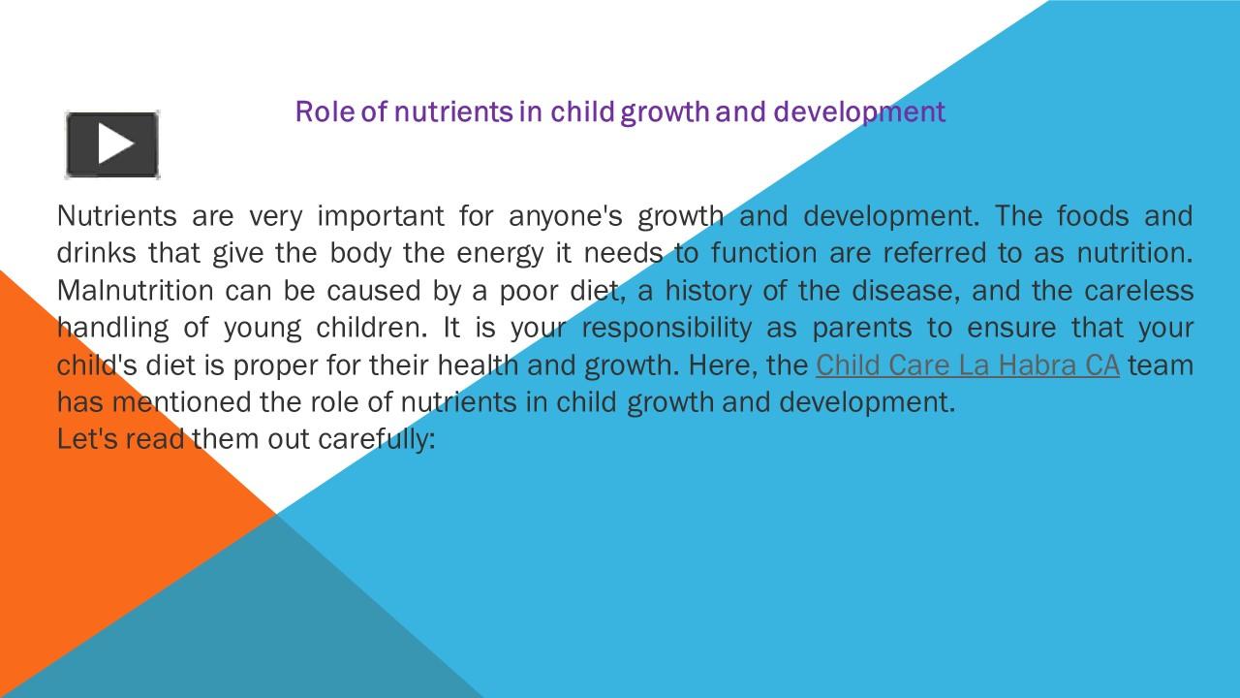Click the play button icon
pyautogui.click(x=112, y=144)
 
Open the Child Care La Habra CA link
pyautogui.click(x=967, y=365)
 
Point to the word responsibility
pyautogui.click(x=666, y=328)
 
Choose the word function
pyautogui.click(x=764, y=253)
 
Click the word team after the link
pyautogui.click(x=1161, y=365)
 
